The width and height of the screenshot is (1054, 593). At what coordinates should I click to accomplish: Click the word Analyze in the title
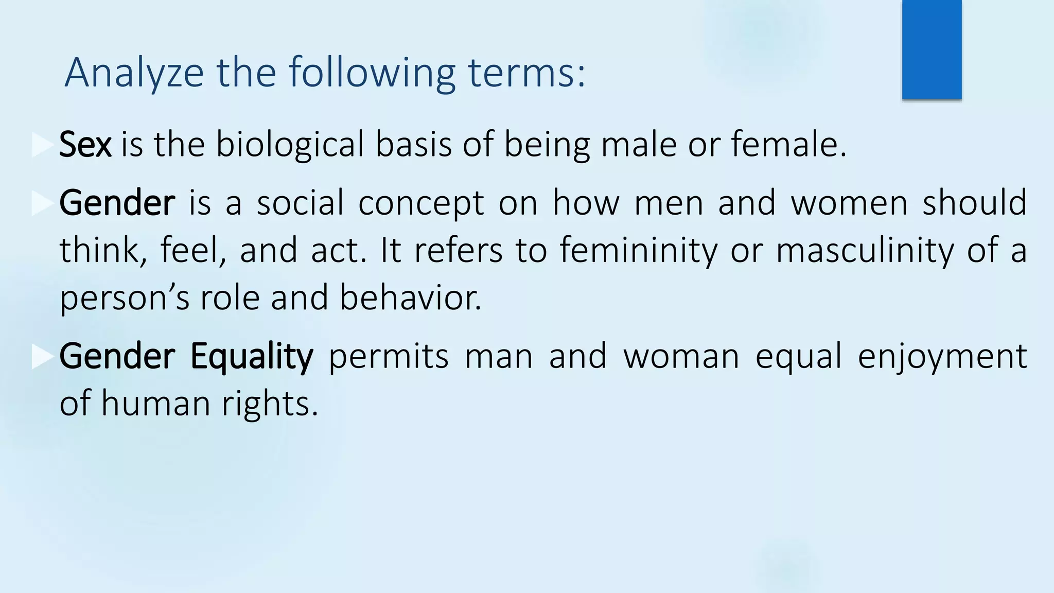pos(134,74)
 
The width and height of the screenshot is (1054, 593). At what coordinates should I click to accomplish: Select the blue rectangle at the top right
pos(932,49)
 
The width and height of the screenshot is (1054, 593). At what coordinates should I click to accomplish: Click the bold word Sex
pos(85,145)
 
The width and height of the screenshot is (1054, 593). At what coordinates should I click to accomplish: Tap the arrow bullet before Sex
pos(42,145)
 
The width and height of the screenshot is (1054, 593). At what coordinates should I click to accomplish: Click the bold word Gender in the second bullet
pos(117,203)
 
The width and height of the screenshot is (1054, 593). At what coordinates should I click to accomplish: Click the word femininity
pos(638,251)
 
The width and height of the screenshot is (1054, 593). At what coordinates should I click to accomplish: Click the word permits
pos(389,356)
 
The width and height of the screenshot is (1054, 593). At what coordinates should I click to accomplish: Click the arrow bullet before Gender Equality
pos(42,357)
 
